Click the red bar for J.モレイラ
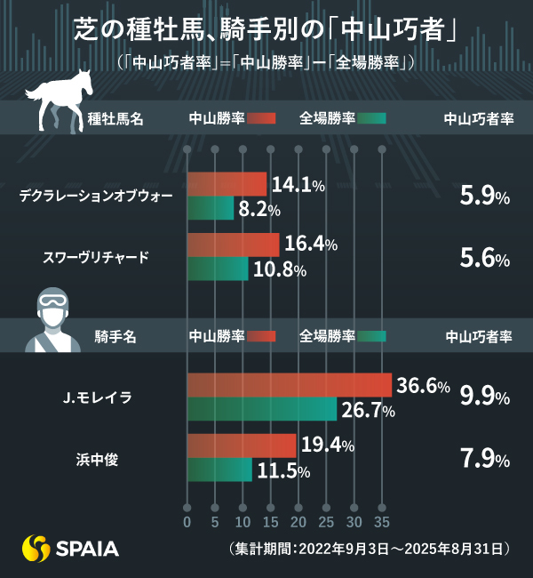coord(290,385)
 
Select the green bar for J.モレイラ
coord(262,409)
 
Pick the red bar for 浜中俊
coord(242,446)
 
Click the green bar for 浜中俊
coord(219,470)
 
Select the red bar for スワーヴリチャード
coord(233,245)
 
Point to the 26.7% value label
coord(369,410)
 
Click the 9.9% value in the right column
coord(484,397)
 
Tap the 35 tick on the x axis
coord(382,520)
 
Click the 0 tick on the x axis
coord(187,520)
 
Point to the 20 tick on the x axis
coord(298,520)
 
